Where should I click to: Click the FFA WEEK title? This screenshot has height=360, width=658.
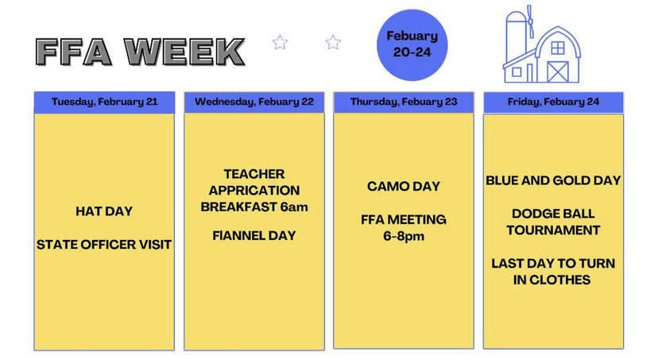pos(140,52)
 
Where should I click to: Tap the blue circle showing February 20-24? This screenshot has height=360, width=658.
pos(412,45)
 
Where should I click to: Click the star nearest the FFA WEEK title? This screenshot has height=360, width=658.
pos(280,42)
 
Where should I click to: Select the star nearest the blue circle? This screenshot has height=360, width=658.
pos(333,42)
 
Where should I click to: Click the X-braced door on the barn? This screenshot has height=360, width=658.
pos(558,72)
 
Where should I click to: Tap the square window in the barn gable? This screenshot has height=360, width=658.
pos(558,48)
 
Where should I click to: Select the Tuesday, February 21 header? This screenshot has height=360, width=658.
pos(104,102)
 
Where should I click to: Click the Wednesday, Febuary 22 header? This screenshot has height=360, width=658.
pos(254,102)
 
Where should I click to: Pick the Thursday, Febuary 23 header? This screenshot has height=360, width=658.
pos(404,102)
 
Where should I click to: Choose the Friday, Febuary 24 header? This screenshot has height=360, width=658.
pos(554,102)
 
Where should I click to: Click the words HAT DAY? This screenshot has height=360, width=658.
pos(104,211)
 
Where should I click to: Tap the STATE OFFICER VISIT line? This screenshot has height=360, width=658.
pos(104,245)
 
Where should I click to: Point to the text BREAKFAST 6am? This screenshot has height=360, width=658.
pos(254,207)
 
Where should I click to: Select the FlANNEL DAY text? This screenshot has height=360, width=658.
pos(254,236)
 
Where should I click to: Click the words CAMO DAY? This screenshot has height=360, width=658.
pos(404,186)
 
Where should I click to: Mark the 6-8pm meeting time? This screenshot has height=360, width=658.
pos(404,236)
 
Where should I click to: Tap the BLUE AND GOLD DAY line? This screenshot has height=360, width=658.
pos(553,180)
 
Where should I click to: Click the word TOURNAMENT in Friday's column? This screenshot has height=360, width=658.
pos(553,230)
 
